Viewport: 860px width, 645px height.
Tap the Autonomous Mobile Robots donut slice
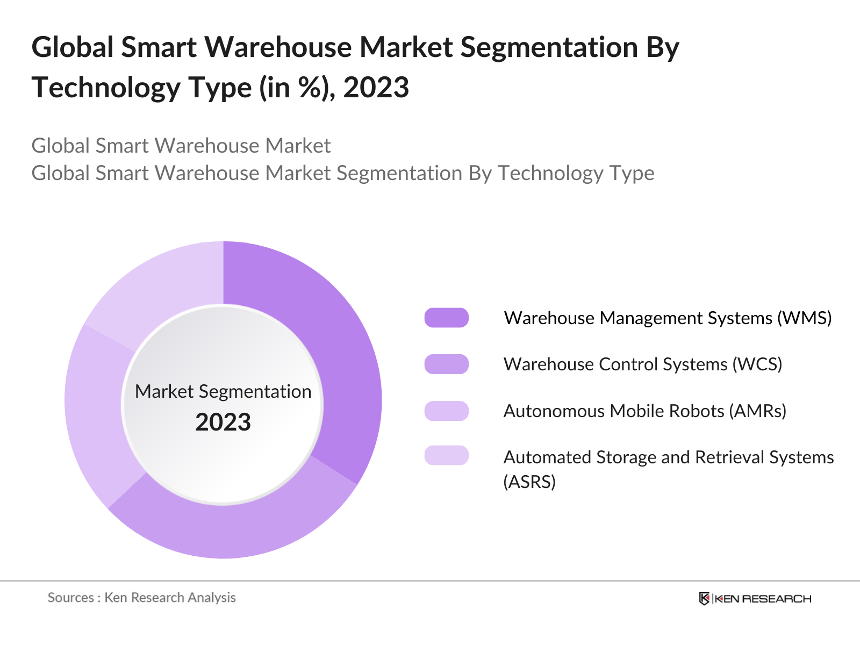point(97,414)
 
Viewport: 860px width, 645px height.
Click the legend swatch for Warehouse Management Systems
point(446,318)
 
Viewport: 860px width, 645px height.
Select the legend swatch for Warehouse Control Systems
point(446,364)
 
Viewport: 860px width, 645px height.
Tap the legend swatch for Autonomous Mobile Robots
point(446,411)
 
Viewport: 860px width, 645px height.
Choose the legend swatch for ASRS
point(446,455)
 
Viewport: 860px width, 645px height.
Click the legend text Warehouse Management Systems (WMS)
point(668,318)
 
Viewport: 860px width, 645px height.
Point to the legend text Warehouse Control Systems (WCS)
point(642,364)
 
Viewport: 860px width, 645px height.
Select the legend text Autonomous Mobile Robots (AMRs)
point(644,411)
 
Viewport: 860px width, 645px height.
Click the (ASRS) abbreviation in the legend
point(529,482)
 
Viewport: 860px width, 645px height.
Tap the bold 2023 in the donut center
point(223,422)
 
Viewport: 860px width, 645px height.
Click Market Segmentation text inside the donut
point(223,391)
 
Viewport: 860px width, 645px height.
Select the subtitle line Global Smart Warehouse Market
point(181,146)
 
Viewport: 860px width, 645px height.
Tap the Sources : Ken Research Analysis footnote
point(141,597)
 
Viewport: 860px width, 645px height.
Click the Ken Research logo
point(755,598)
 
